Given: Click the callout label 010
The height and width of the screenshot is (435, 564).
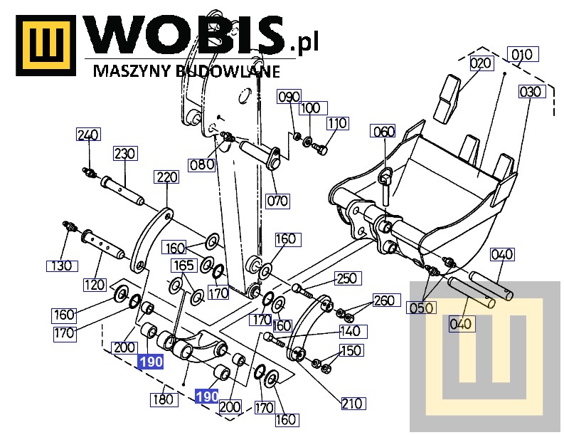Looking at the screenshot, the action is pos(523,54).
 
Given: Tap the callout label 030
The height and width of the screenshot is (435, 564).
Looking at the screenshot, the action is pos(530,91).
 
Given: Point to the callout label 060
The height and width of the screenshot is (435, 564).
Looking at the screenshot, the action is pos(383,131).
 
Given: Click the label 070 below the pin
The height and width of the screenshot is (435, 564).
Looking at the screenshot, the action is pos(277,201).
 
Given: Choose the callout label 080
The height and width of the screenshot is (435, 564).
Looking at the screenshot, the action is pos(202,164).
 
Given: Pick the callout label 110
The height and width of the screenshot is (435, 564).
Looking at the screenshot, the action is pos(337,123).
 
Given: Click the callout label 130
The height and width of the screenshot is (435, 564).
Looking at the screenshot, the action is pos(61,266).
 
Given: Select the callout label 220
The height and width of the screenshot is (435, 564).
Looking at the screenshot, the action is pos(166,177).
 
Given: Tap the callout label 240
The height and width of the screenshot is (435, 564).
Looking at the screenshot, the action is pos(88,135).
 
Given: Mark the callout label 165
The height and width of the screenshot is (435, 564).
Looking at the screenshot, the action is pos(183,266).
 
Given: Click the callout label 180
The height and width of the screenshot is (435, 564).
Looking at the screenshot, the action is pos(164,399).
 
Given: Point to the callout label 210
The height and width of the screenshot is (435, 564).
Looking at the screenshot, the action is pos(353,403).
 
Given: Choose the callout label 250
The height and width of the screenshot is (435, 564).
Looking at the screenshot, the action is pos(348,278).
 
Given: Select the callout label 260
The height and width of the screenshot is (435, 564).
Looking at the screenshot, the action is pos(386,300).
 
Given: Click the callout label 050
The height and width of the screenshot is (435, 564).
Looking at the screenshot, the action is pos(421,308).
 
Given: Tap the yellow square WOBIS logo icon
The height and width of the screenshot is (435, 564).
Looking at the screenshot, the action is pos(46,46).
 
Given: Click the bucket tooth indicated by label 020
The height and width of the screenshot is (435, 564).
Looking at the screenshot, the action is pos(447,98).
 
